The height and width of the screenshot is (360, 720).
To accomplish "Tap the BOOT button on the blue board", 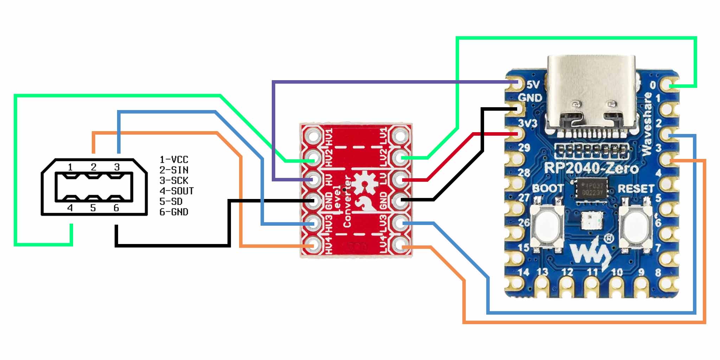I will coord(547,224).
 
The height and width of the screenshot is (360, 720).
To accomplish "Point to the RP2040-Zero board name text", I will coord(591,168).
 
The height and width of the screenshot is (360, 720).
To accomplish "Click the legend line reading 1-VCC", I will coord(174,160).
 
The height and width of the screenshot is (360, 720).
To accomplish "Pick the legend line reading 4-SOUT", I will coord(176,191).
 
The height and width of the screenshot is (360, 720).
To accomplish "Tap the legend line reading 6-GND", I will coord(174,212).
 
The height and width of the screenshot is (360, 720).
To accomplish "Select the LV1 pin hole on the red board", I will coord(400,135).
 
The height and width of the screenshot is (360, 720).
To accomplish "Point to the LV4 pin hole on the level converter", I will coord(400,245).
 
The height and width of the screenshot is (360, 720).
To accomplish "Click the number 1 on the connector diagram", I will coord(70,167).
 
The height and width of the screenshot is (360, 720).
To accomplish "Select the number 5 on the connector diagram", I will coord(93,208).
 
